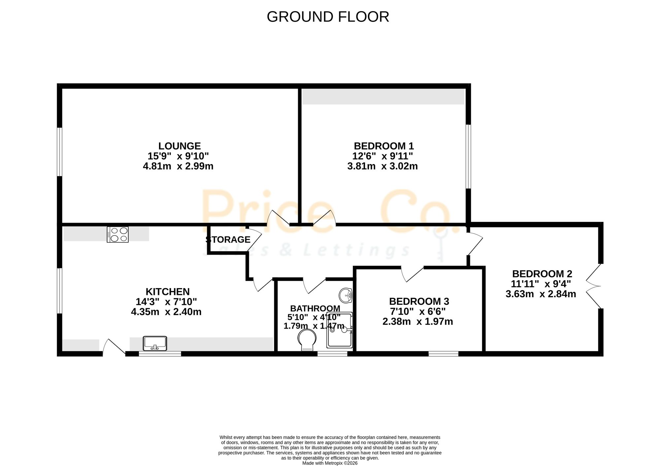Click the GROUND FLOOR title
click(328, 17)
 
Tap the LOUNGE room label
click(180, 146)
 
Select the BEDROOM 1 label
click(383, 146)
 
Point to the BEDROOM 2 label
click(542, 274)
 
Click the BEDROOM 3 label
click(419, 301)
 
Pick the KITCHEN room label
click(168, 292)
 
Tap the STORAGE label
click(228, 239)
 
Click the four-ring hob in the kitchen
click(118, 234)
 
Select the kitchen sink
click(155, 343)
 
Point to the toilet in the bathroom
click(307, 341)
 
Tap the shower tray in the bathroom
click(340, 330)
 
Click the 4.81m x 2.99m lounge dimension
click(178, 166)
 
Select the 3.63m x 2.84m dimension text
click(541, 294)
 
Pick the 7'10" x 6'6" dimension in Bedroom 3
click(418, 311)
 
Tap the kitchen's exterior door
click(114, 347)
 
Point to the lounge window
click(60, 152)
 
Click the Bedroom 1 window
click(468, 157)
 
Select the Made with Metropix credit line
click(330, 463)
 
